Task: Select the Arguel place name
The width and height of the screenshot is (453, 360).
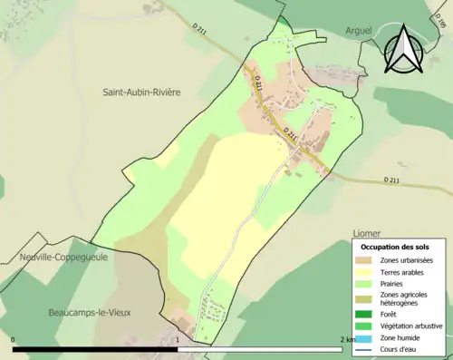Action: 359,31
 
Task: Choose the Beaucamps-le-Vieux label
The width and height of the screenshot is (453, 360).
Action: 90,312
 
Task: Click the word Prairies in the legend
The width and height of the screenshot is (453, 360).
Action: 394,283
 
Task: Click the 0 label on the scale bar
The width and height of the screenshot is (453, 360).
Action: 14,339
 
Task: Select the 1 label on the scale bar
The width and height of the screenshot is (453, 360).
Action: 177,339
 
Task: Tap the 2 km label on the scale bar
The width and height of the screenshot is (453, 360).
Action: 347,339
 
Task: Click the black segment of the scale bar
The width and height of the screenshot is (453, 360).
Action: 95,348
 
